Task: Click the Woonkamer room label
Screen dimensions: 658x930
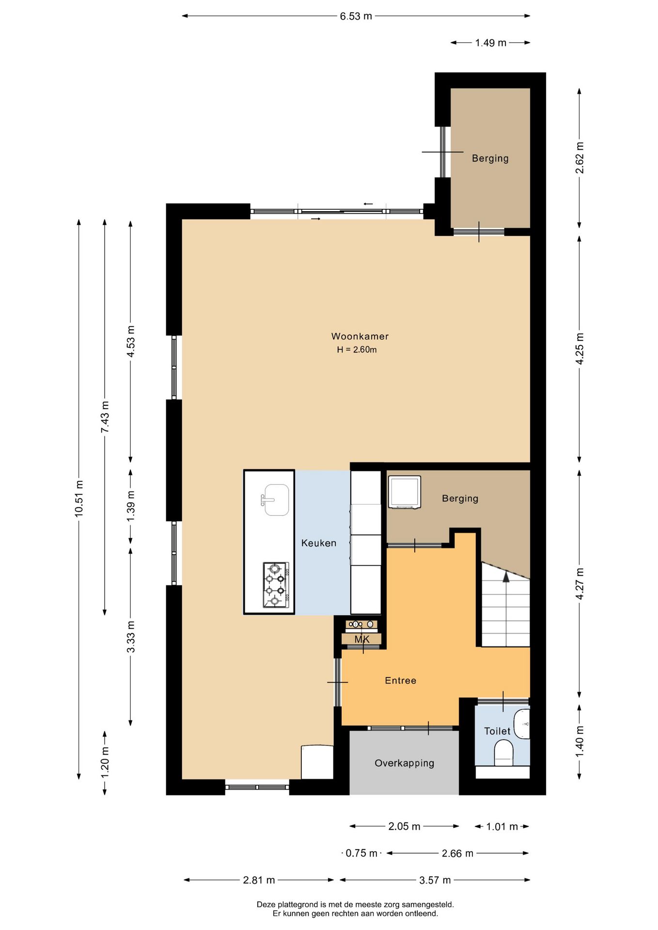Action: click(x=360, y=336)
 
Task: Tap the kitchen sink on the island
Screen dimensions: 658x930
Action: click(x=276, y=500)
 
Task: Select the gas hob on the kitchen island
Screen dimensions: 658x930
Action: click(x=276, y=585)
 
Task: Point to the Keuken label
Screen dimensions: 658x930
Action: click(x=318, y=543)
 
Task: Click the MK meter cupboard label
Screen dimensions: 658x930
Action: click(x=362, y=639)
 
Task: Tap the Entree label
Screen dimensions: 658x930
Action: click(x=400, y=681)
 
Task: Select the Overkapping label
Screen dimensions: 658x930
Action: click(x=404, y=763)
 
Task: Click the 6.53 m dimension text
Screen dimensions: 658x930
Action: click(x=356, y=16)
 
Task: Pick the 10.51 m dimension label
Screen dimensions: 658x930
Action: click(x=79, y=498)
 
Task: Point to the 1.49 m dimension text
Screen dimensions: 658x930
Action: click(x=490, y=43)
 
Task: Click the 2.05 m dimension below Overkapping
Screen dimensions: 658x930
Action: click(x=404, y=826)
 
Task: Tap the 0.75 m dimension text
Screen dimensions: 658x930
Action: click(x=361, y=853)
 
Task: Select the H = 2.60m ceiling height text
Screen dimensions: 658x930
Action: click(x=357, y=350)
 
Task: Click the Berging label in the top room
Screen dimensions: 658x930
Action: click(x=490, y=158)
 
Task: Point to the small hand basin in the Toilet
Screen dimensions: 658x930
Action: click(x=522, y=724)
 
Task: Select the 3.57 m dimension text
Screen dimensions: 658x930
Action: click(x=435, y=880)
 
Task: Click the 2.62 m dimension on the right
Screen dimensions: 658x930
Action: click(x=580, y=158)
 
